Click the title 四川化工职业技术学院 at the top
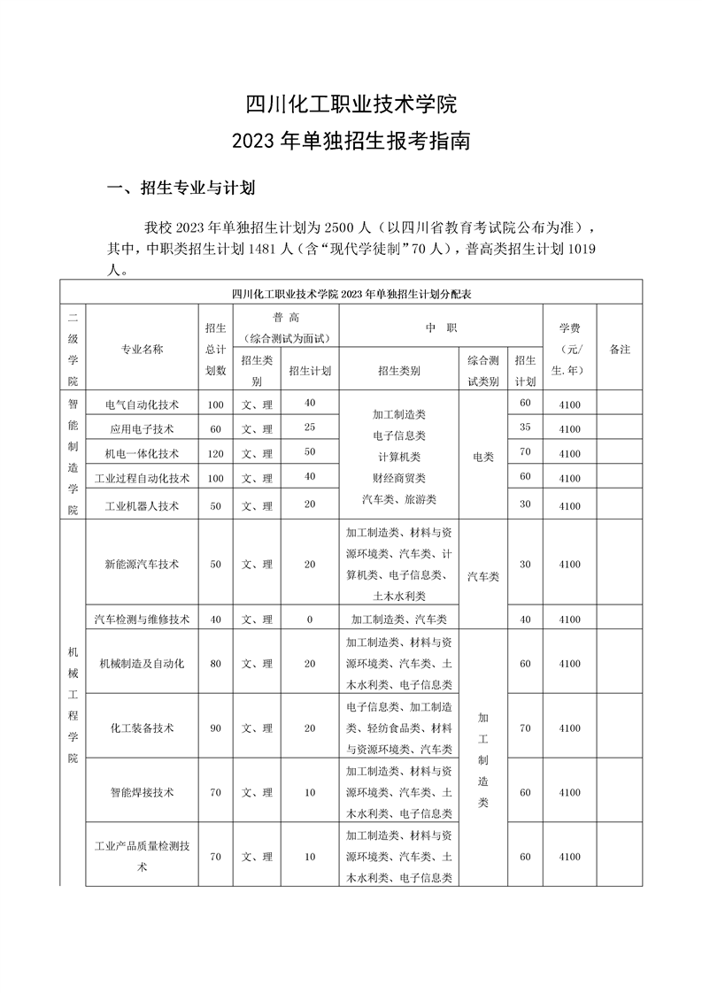(351, 104)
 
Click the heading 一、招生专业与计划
(181, 188)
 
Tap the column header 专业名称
(142, 350)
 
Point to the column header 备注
(620, 350)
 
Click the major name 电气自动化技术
(142, 404)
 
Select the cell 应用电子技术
(142, 429)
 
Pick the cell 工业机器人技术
(142, 506)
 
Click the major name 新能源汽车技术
(142, 564)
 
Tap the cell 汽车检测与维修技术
(142, 620)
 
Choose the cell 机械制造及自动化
(142, 664)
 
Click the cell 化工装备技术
(142, 728)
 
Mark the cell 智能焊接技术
(142, 792)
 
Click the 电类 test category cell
(483, 457)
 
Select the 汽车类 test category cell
(483, 576)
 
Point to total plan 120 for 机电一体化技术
(215, 453)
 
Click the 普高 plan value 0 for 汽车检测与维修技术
(310, 620)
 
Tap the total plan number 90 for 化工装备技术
(215, 728)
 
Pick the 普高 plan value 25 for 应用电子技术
(310, 428)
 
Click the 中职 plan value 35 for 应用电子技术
(525, 427)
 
